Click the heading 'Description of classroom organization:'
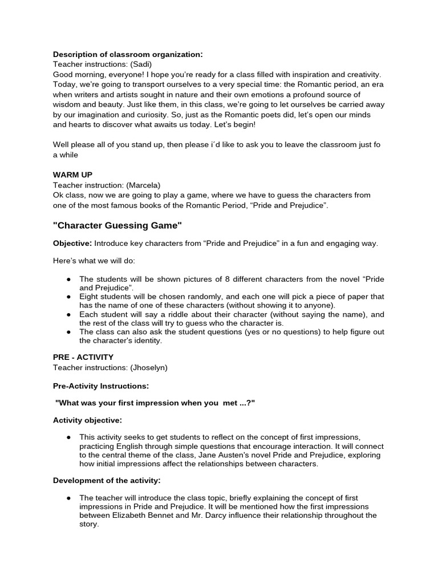pyautogui.click(x=128, y=54)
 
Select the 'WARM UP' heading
pyautogui.click(x=72, y=175)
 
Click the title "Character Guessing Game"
pyautogui.click(x=117, y=226)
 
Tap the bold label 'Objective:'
pyautogui.click(x=72, y=244)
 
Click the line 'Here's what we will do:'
pyautogui.click(x=95, y=261)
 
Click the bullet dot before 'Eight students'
pyautogui.click(x=68, y=297)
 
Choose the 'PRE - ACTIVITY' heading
pyautogui.click(x=83, y=357)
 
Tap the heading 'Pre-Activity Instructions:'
pyautogui.click(x=101, y=386)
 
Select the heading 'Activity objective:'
pyautogui.click(x=87, y=420)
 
